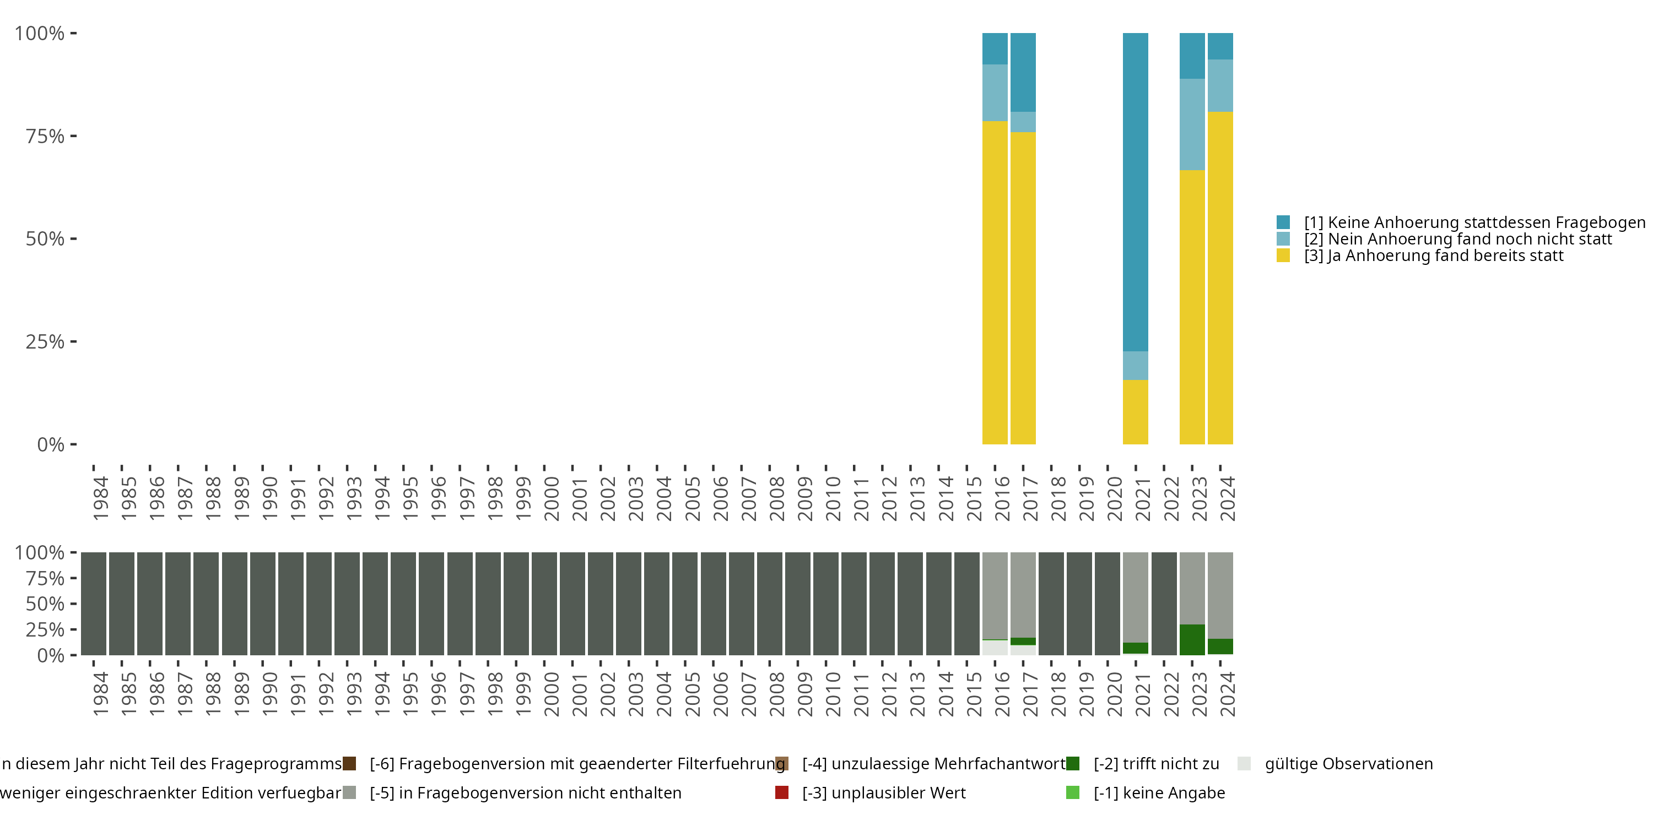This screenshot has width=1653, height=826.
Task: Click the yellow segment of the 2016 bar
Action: [x=995, y=282]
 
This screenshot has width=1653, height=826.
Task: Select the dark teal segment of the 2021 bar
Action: [x=1135, y=192]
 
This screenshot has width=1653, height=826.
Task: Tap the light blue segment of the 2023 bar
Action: [x=1192, y=124]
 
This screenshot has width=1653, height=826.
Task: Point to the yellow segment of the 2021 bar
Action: [x=1135, y=412]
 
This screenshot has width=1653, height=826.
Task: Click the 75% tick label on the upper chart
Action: [x=45, y=136]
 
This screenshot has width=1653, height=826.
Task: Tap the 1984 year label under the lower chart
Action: [x=101, y=694]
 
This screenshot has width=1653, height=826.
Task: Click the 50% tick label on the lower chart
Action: [x=45, y=604]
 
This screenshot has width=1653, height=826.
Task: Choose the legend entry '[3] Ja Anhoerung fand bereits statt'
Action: [x=1434, y=256]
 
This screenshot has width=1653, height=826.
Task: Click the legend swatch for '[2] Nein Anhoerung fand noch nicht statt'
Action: [x=1283, y=238]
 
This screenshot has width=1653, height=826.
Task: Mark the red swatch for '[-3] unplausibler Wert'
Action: [x=781, y=792]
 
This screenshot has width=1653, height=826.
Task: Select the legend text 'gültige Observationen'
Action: [x=1348, y=764]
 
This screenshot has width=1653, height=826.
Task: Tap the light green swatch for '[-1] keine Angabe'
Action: [x=1072, y=792]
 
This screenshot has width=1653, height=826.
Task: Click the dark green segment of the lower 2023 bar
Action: [x=1192, y=639]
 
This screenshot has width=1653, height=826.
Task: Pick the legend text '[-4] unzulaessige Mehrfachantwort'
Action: [x=933, y=764]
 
